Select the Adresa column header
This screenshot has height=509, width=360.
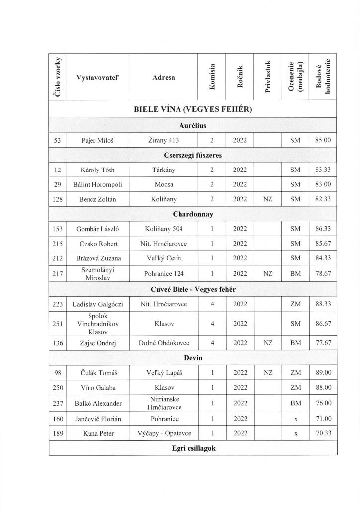point(164,77)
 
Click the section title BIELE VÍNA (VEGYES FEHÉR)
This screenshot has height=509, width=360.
point(194,109)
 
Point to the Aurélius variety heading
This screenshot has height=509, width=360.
point(194,126)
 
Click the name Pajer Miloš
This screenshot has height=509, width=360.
point(97,141)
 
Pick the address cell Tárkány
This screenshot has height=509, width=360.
point(164,170)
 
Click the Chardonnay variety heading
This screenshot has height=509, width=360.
point(194,214)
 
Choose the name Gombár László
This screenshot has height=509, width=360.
point(97,229)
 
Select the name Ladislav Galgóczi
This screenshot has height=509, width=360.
point(97,304)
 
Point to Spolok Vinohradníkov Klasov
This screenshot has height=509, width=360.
point(97,324)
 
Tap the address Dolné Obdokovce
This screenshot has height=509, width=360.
point(164,343)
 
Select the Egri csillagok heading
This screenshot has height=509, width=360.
point(194,448)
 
